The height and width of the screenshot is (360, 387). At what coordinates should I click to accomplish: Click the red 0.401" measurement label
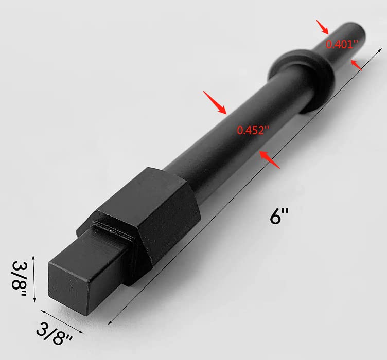point(342,44)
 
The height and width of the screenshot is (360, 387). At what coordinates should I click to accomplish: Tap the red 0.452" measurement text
point(253,130)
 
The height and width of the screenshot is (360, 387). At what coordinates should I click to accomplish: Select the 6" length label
point(279,216)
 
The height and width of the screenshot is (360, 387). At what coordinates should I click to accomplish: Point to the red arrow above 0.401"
point(323,27)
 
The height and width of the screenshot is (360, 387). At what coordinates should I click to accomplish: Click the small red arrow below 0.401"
point(357,65)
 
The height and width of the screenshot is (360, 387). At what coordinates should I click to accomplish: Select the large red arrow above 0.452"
point(215,102)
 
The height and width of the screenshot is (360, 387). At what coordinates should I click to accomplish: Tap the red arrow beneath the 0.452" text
point(270,160)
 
